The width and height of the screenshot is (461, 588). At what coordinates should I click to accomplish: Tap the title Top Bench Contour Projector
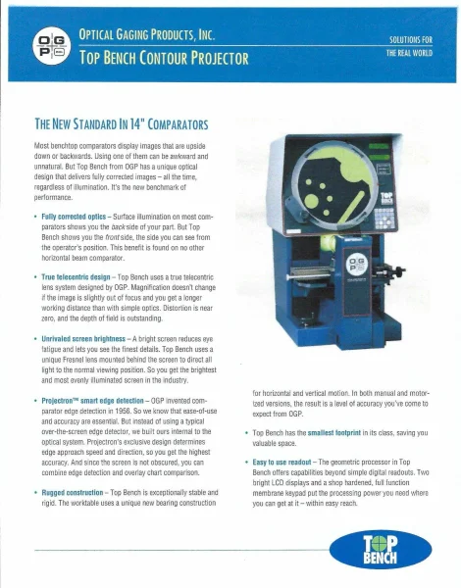pos(164,57)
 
